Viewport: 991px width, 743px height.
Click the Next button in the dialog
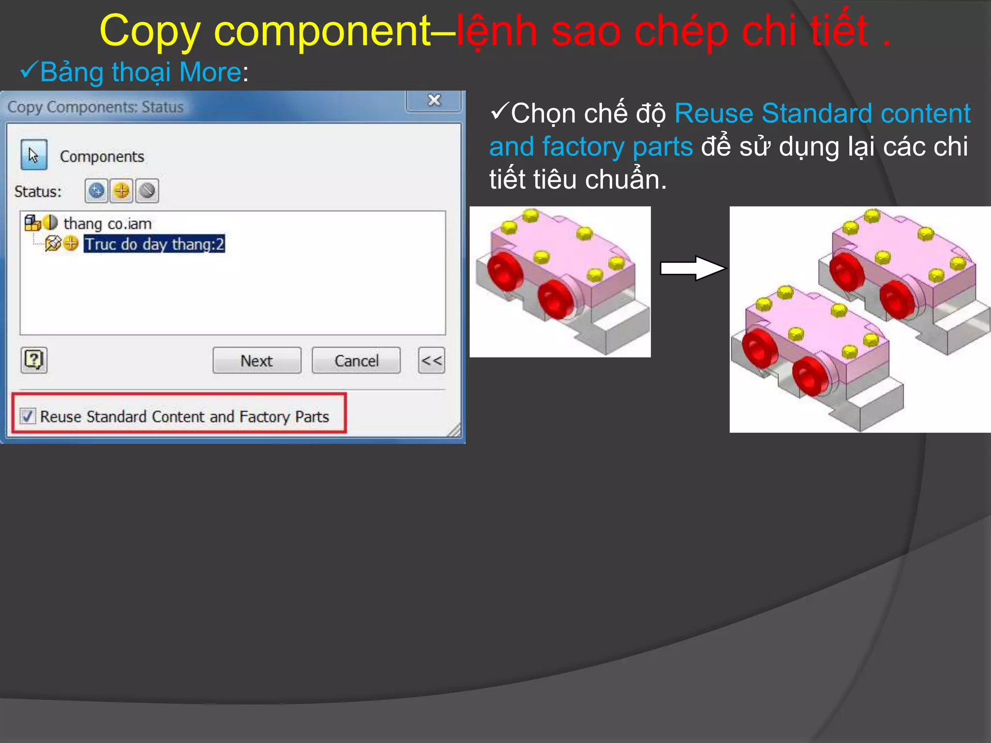pos(256,360)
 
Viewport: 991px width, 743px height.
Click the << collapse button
pos(431,360)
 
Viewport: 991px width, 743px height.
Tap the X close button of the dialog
pos(434,101)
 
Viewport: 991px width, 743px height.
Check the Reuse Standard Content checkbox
pos(28,416)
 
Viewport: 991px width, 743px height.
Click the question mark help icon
pos(34,360)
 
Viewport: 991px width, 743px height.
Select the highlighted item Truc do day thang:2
pos(154,244)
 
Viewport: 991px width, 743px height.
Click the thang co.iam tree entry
pos(107,223)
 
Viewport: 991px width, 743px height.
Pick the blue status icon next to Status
pos(97,191)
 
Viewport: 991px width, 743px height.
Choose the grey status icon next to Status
pos(147,191)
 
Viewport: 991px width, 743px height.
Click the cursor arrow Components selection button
pos(34,155)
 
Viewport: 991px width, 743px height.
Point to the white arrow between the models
pos(692,268)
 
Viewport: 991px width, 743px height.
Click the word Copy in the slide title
pos(150,31)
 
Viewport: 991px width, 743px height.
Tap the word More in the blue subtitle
pos(210,72)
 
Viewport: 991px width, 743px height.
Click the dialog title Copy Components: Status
pos(95,107)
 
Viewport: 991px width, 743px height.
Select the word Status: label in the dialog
pos(38,192)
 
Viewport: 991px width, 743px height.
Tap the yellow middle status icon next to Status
pos(121,191)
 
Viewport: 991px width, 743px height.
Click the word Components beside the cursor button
pos(102,157)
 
